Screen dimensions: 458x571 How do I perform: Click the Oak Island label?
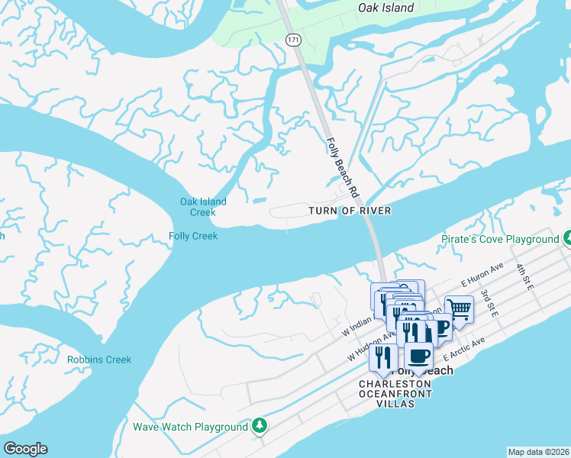pos(386,8)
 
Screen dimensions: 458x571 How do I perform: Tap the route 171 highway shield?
pos(292,38)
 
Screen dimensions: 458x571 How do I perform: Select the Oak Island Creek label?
pos(203,207)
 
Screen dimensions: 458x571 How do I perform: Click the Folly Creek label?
pos(193,236)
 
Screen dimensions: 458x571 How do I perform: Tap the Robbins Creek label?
pos(99,360)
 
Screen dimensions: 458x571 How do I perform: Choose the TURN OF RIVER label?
pos(350,211)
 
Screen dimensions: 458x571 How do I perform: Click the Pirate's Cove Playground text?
pos(500,239)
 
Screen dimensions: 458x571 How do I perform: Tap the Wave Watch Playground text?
pos(191,427)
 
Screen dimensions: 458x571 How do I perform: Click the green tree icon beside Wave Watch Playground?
pos(260,426)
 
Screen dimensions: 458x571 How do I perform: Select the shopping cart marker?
pos(459,309)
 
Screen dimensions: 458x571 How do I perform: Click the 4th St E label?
pos(525,275)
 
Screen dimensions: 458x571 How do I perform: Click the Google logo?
pos(25,449)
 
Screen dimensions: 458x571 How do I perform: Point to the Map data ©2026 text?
pos(538,452)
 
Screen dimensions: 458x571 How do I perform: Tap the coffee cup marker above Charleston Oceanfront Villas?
pos(418,355)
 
